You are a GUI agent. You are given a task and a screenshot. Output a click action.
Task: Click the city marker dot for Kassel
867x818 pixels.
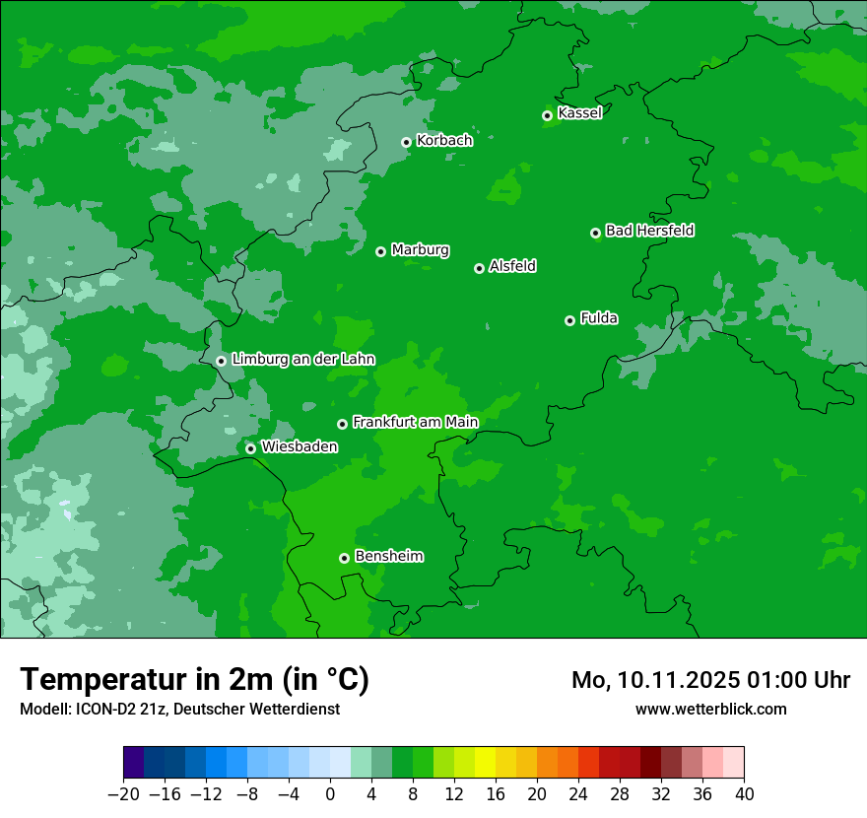(547, 115)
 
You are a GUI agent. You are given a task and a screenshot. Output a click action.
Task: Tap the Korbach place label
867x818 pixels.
(444, 141)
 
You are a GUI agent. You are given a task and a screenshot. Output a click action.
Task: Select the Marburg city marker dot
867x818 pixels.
(380, 251)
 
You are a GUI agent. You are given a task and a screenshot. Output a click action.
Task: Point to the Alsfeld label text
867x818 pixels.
(512, 266)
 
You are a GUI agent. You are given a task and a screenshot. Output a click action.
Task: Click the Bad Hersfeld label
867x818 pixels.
(649, 231)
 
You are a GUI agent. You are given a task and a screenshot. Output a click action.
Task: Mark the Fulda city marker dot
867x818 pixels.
(569, 320)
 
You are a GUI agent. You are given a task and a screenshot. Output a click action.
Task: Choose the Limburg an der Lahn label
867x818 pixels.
(302, 360)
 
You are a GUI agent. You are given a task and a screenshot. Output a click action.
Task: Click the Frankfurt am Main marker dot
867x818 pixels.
(342, 424)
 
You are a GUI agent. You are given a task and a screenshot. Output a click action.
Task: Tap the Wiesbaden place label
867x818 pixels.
(299, 446)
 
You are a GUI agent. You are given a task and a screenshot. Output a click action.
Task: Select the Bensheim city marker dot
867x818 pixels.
(344, 558)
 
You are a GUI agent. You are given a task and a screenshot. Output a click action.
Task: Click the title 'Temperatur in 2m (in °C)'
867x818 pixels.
(194, 679)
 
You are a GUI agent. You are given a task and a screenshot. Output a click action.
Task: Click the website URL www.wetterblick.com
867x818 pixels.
(710, 709)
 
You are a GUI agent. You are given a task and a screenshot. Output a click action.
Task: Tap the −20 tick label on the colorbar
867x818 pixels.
(123, 794)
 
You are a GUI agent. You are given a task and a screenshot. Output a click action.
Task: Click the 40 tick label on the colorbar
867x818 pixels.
(744, 794)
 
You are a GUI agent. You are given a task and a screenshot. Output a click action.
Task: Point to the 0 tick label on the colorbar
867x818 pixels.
(330, 794)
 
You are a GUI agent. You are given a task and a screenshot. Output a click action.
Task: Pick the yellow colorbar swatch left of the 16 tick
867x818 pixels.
(485, 763)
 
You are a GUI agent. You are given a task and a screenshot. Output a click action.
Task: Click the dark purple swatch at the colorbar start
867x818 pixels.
(134, 763)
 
